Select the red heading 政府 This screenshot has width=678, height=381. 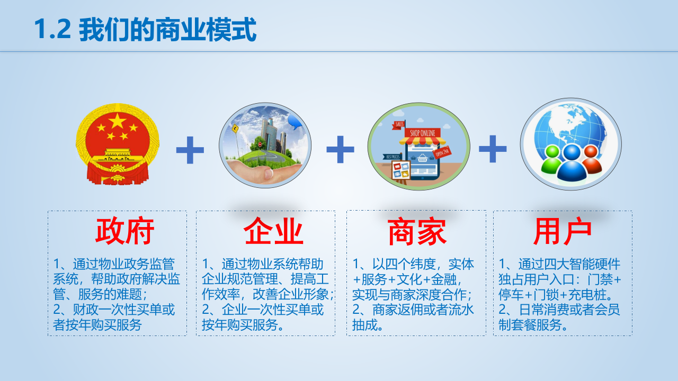click(124, 232)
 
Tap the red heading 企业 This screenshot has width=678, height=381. click(273, 232)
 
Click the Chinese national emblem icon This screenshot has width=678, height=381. click(117, 144)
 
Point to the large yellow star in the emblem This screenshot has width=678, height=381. click(117, 123)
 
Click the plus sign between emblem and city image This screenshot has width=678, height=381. click(190, 150)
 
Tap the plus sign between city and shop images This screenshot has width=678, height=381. click(340, 149)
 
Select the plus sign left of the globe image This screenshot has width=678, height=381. click(493, 148)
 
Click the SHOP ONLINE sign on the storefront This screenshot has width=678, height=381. click(422, 133)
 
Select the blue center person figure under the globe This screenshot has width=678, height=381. click(571, 164)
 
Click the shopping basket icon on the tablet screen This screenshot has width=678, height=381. click(422, 158)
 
